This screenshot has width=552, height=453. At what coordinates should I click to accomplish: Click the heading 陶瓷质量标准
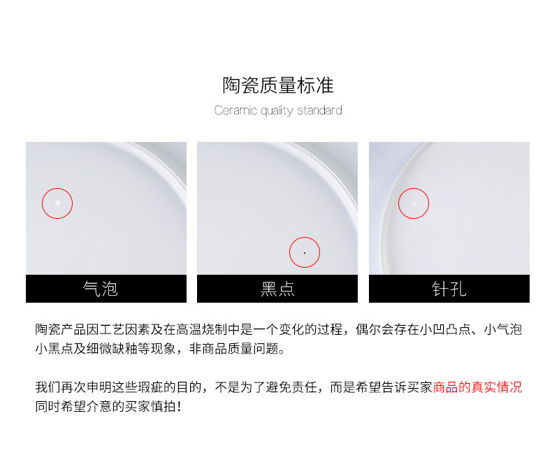278,86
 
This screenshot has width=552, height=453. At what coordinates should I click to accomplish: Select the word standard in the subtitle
319,110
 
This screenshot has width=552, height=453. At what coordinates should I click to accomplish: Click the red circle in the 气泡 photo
57,203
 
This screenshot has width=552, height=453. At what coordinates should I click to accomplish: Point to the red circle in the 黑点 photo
305,252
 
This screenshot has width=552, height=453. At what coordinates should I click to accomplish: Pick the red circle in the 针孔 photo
414,203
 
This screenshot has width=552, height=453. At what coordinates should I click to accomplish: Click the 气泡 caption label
101,289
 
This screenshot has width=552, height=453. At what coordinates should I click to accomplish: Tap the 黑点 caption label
277,289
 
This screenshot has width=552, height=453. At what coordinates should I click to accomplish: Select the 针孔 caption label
449,289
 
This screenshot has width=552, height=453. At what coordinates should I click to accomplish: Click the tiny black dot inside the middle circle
305,252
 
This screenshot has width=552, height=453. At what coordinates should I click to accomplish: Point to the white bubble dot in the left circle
57,203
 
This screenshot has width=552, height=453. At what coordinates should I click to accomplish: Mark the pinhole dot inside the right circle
414,203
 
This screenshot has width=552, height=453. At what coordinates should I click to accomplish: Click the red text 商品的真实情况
477,387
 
